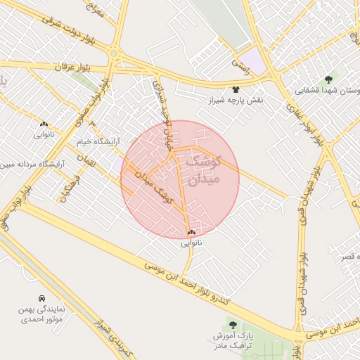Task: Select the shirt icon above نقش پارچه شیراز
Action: point(235,90)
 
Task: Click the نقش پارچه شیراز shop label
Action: point(235,101)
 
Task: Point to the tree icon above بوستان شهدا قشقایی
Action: point(328,79)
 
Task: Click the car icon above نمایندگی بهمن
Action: point(41,298)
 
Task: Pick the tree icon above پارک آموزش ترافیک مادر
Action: point(233,325)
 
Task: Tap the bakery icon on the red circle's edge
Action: point(191,232)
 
